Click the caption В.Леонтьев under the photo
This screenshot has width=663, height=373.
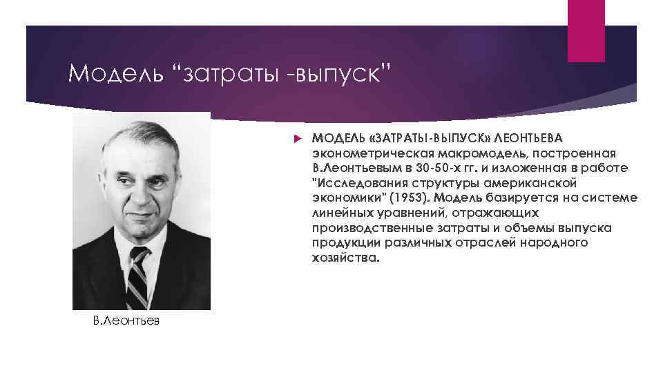(x=122, y=322)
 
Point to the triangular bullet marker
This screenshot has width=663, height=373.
(x=298, y=137)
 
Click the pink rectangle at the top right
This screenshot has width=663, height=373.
(x=586, y=31)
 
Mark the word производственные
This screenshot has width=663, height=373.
(x=370, y=227)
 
